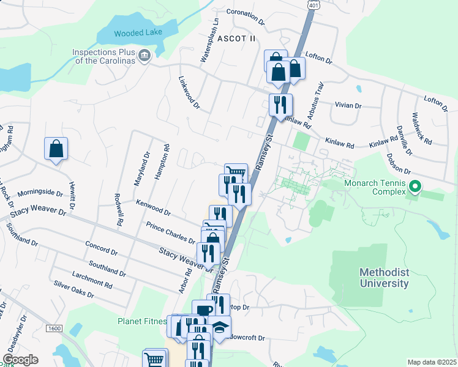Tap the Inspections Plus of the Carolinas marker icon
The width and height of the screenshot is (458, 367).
145,56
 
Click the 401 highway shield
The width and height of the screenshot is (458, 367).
313,5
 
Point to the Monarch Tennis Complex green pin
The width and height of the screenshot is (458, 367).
415,185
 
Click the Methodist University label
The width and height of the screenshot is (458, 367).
384,278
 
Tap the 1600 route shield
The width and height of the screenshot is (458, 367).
54,328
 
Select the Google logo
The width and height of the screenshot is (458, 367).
20,360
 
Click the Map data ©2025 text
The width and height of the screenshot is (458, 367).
431,362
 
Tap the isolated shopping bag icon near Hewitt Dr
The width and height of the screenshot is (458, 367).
56,149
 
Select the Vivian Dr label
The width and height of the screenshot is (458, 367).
348,106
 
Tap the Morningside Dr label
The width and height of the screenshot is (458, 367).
40,193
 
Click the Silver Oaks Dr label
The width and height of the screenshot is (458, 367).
74,289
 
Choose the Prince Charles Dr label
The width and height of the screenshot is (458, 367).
170,232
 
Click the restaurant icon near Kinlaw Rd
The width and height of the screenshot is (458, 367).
281,105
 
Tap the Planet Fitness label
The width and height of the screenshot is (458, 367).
142,321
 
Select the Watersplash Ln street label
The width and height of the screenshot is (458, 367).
208,43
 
